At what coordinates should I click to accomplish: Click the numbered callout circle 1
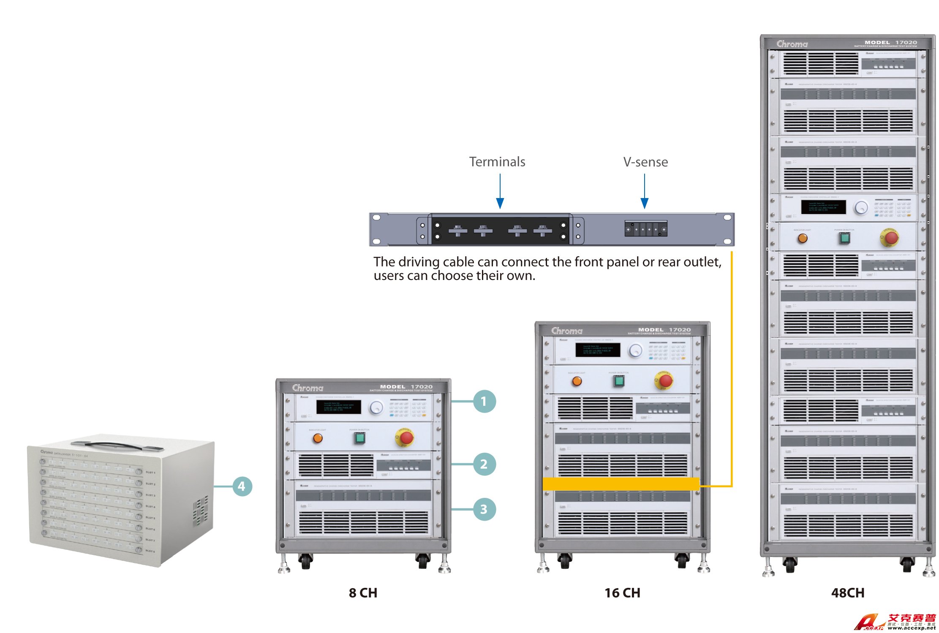[x=484, y=401]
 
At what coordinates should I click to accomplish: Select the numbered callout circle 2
[x=484, y=464]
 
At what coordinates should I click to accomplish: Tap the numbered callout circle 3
[x=484, y=509]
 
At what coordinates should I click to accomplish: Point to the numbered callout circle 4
[x=242, y=486]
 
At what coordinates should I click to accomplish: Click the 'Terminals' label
[x=497, y=162]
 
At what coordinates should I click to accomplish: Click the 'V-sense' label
[x=645, y=162]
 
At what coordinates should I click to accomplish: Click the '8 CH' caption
[x=363, y=593]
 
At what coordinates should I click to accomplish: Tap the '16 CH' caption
[x=622, y=593]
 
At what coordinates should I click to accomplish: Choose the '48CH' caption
[x=847, y=593]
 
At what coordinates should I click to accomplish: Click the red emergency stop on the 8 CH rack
[x=406, y=438]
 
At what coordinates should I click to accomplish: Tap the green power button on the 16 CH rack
[x=619, y=381]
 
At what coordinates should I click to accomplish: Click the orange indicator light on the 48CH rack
[x=803, y=238]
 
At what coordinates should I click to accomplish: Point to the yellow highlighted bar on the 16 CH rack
[x=621, y=484]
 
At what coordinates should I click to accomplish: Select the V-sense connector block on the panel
[x=646, y=229]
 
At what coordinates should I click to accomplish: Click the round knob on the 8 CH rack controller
[x=376, y=408]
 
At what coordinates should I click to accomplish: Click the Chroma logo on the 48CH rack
[x=792, y=44]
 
